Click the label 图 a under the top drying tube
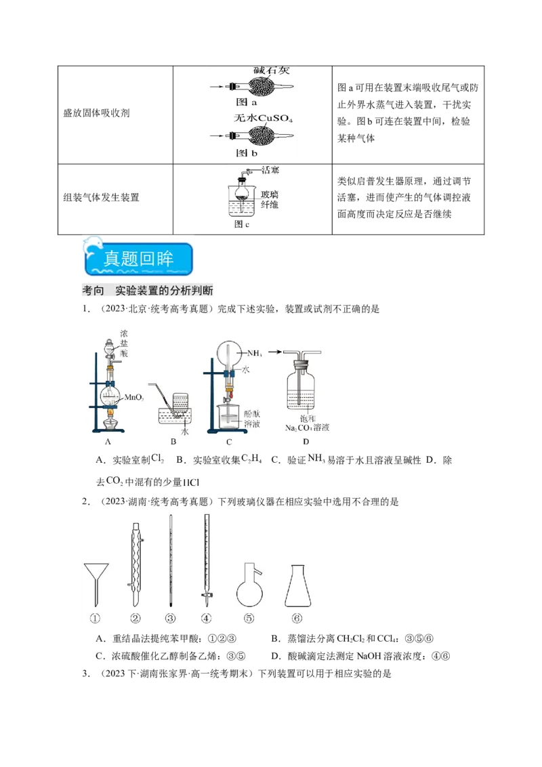point(245,103)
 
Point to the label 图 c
point(242,224)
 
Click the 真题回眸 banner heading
point(138,259)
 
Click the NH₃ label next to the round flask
point(255,353)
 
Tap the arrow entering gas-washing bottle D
point(274,352)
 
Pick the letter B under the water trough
point(173,442)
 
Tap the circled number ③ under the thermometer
point(171,618)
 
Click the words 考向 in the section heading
point(93,291)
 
